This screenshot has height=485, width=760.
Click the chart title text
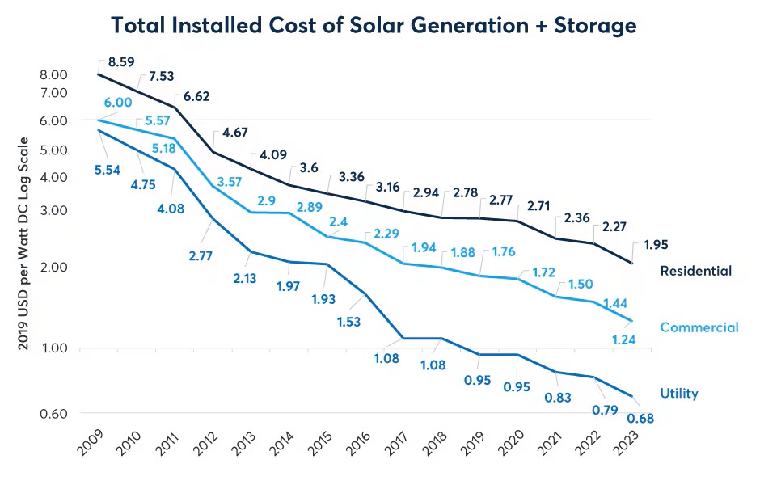(x=374, y=25)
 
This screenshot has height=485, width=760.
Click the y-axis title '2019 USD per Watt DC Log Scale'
(x=23, y=243)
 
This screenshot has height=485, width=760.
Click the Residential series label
(x=695, y=271)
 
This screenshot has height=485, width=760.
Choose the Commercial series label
(x=699, y=327)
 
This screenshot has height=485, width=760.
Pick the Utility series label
(x=678, y=394)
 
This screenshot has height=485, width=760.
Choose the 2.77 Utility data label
(x=205, y=256)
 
